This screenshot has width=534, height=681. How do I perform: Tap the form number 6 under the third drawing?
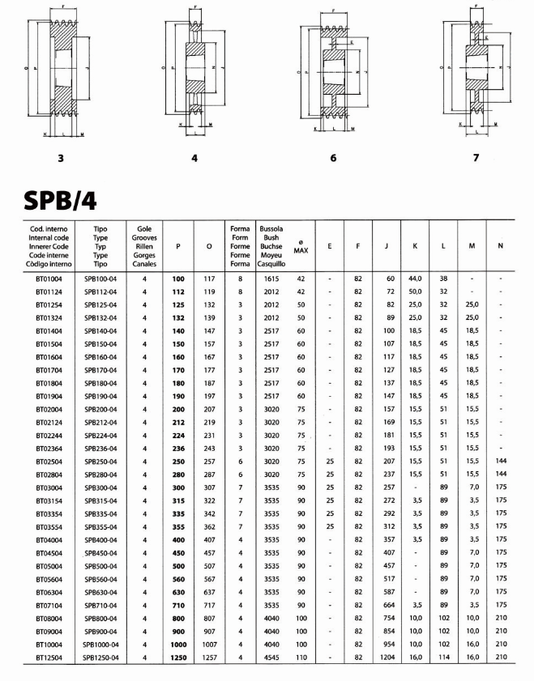(x=334, y=157)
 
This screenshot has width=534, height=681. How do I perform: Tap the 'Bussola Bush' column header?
(x=270, y=246)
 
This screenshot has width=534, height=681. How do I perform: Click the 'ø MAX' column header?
(x=301, y=246)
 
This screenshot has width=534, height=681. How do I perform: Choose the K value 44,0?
(x=415, y=279)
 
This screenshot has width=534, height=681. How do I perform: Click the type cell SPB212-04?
(x=101, y=421)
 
